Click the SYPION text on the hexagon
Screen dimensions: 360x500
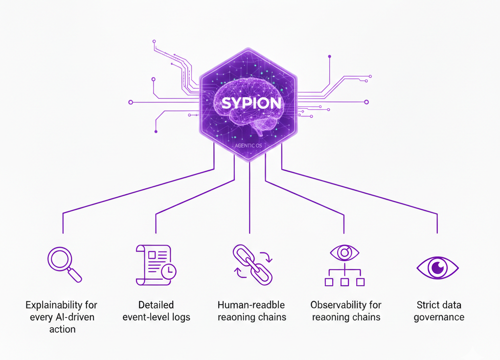pos(251,104)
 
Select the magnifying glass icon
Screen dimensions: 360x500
pos(64,265)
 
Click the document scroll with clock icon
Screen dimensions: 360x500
pos(156,265)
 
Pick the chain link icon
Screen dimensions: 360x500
pos(251,265)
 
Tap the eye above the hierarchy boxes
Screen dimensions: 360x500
pos(344,252)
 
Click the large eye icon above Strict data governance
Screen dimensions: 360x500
pos(437,268)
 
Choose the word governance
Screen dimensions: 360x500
pos(439,317)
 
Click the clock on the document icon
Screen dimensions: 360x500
pos(169,271)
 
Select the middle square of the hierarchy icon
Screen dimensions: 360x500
pos(344,282)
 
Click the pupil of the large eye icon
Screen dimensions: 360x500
pos(437,268)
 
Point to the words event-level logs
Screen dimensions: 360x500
pos(156,317)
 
